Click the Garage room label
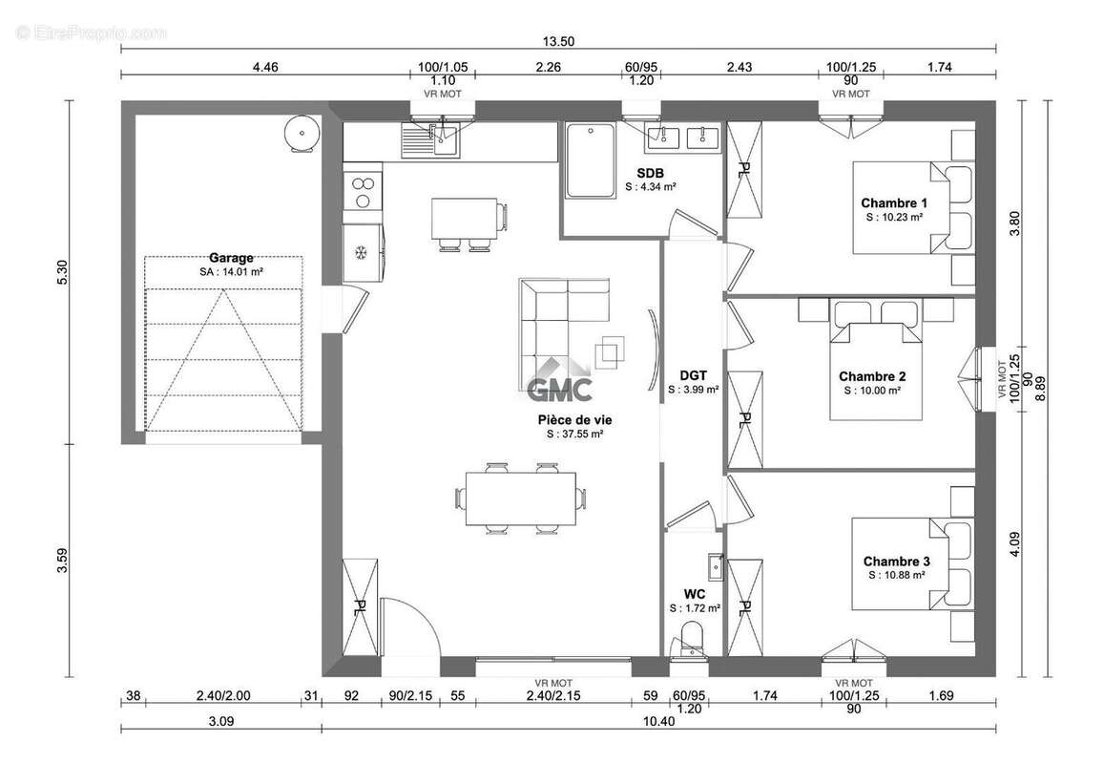point(231,258)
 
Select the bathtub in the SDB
point(591,160)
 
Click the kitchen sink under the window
point(430,139)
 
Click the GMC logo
point(560,381)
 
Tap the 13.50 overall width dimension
point(557,41)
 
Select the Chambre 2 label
point(871,376)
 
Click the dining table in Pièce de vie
point(521,499)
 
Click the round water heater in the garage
point(302,132)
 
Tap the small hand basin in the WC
point(716,566)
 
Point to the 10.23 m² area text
point(894,217)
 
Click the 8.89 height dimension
point(1041,389)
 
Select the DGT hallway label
point(693,375)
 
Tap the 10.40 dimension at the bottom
point(658,721)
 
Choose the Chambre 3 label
point(896,561)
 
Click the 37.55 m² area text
point(574,435)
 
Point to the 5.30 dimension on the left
point(63,272)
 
